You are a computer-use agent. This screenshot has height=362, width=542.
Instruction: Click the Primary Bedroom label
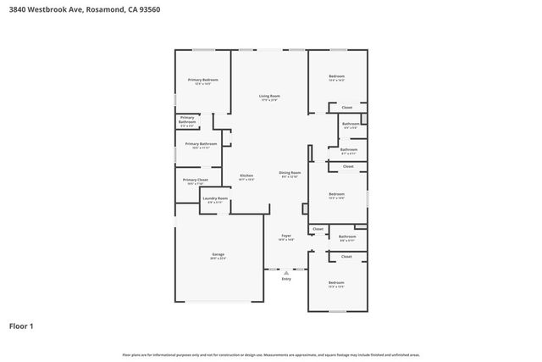click(202, 80)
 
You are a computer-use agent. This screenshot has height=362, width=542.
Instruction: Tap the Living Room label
click(269, 96)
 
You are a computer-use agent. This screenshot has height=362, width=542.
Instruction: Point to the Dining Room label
click(290, 172)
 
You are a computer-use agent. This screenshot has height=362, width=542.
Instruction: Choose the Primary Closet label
click(196, 180)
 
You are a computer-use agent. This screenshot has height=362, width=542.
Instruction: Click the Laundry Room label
click(215, 198)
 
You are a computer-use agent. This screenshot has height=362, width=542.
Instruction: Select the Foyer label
click(286, 236)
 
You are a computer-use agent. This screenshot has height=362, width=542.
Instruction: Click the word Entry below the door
click(285, 278)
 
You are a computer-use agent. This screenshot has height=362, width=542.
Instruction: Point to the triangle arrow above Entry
click(285, 270)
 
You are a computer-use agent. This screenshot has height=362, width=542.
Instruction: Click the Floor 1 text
click(21, 326)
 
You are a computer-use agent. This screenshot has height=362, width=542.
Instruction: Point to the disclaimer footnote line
click(271, 354)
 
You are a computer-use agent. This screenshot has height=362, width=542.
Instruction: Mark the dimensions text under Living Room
click(269, 100)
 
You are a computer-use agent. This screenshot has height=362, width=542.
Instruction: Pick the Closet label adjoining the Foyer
click(318, 229)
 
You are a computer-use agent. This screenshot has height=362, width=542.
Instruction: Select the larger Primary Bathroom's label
click(201, 144)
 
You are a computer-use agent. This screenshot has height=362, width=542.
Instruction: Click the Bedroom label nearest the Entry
click(336, 281)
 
